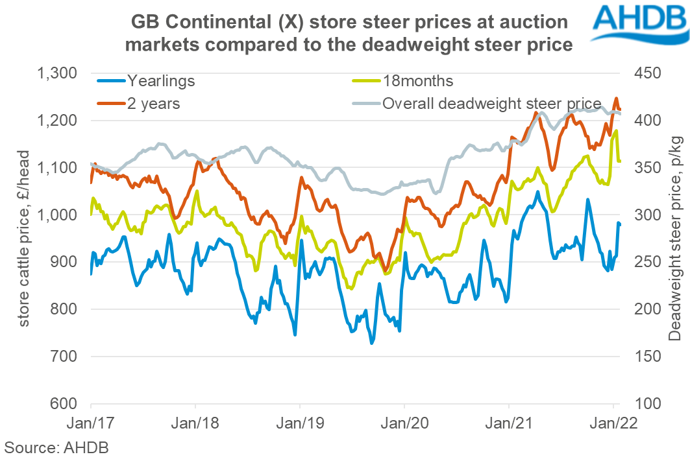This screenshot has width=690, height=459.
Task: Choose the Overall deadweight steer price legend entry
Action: coord(491,102)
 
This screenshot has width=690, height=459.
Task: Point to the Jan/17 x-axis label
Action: coord(92,423)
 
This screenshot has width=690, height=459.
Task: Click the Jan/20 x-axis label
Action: coord(404,423)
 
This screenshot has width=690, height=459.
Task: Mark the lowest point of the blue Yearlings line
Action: coord(372,344)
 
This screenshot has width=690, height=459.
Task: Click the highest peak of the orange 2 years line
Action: coord(616,98)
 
